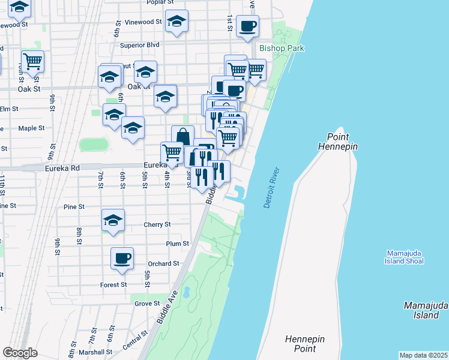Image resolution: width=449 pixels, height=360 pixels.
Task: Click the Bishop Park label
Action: tap(282, 48)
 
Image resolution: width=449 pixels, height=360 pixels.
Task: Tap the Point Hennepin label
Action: tap(342, 142)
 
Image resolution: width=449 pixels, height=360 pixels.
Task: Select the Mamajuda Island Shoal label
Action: tap(405, 256)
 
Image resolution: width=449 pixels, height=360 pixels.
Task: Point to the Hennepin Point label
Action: tap(305, 344)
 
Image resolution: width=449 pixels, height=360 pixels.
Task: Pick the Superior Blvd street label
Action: tap(139, 45)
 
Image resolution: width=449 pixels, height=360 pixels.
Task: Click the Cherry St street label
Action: tap(157, 224)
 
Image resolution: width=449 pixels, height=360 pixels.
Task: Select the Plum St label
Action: tap(178, 244)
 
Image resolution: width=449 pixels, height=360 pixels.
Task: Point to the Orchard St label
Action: tap(163, 263)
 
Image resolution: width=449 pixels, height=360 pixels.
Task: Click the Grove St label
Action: tap(147, 304)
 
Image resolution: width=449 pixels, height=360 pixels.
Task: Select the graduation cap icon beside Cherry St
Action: tap(113, 220)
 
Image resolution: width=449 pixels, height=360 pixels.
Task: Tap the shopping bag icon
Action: tap(182, 137)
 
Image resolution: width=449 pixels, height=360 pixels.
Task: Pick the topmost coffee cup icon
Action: tap(247, 26)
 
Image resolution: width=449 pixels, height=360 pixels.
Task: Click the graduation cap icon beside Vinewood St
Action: tap(176, 21)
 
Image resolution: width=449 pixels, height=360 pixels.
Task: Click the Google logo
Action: tap(20, 353)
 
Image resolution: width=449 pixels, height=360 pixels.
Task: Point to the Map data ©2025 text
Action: tap(423, 355)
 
